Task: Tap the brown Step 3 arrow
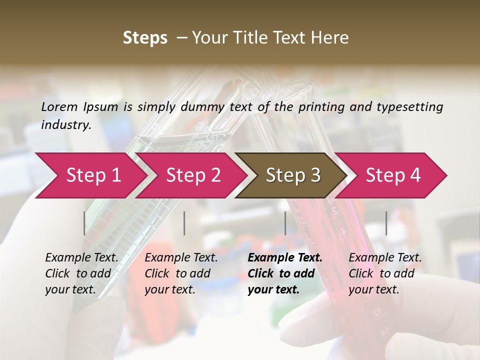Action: tap(293, 175)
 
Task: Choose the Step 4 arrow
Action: tap(393, 175)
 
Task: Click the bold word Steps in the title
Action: tap(145, 38)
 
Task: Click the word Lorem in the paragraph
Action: tap(59, 106)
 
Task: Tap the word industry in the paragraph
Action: tap(66, 124)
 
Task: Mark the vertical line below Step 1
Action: tap(84, 223)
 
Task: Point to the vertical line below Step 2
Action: tap(184, 223)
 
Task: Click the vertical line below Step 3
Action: tap(285, 223)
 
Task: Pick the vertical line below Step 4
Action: tap(386, 223)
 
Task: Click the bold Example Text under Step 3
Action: tap(285, 257)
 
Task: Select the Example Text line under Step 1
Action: tap(81, 257)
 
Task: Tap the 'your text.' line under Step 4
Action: tap(374, 289)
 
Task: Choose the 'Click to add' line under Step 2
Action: tap(177, 273)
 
